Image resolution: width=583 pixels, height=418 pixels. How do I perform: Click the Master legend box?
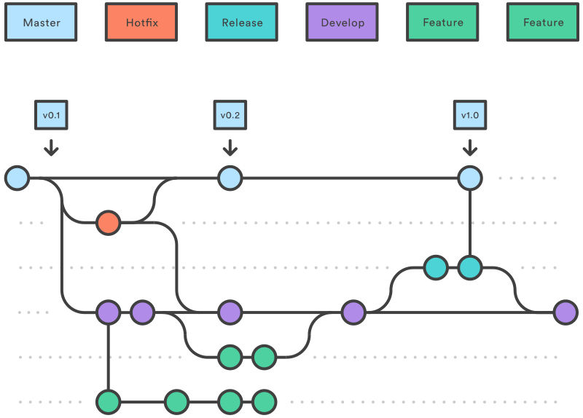tap(42, 23)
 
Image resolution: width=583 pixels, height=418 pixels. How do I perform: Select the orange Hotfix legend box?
tap(141, 23)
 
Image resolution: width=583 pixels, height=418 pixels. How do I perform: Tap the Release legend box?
tap(242, 23)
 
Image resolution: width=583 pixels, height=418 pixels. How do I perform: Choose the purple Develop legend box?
tap(343, 23)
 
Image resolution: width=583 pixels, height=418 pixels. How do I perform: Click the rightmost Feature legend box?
tap(543, 23)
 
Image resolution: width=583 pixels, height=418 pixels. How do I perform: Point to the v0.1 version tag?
tap(50, 115)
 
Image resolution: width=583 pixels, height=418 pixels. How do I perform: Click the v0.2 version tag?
tap(230, 115)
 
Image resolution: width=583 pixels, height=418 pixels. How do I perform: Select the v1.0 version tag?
tap(470, 115)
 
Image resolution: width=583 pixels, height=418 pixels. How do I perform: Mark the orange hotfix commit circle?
tap(108, 222)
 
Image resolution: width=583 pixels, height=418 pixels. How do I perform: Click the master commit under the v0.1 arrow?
tap(17, 178)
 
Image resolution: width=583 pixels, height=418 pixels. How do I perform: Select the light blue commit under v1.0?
tap(470, 178)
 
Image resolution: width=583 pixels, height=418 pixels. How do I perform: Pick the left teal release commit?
tap(436, 267)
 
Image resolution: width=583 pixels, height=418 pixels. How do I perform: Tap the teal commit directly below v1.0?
tap(470, 267)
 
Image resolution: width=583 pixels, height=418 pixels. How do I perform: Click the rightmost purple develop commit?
tap(566, 312)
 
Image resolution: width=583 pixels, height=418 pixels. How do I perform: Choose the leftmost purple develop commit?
tap(108, 312)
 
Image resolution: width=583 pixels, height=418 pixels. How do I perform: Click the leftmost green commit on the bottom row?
tap(108, 401)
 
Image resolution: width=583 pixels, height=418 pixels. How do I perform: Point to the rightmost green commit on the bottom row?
tap(264, 401)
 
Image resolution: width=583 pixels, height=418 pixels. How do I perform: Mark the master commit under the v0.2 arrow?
tap(230, 178)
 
